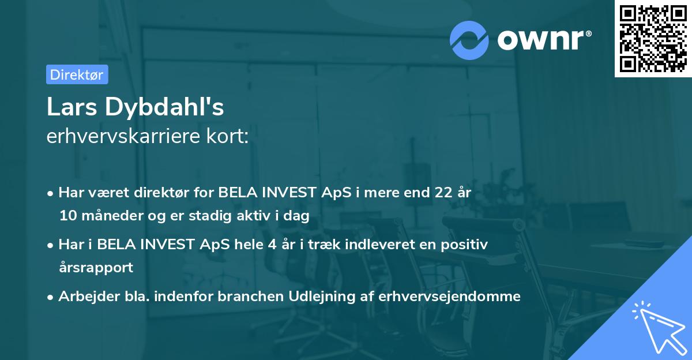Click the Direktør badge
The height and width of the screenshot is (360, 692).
click(77, 74)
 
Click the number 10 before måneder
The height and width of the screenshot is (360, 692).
click(66, 216)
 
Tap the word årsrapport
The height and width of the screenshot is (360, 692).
click(96, 268)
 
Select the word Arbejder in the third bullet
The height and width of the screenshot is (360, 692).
click(84, 296)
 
